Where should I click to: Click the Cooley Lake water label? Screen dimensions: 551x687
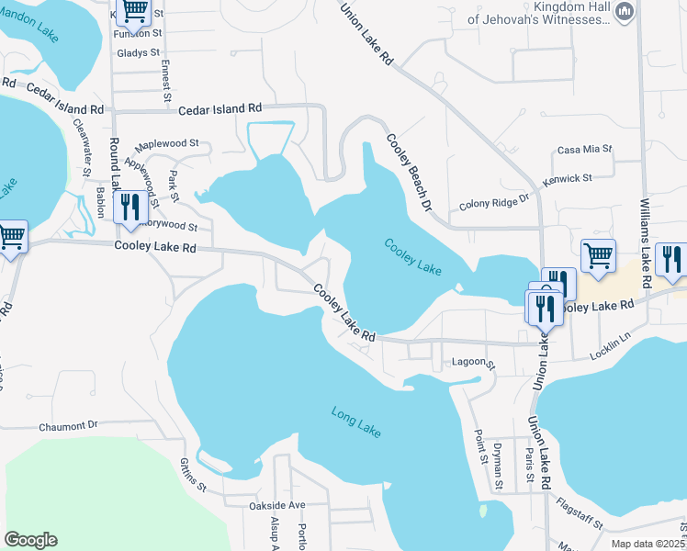pos(413,258)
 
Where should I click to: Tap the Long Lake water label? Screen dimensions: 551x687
pos(355,422)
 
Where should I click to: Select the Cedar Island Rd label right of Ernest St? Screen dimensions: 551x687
pos(220,108)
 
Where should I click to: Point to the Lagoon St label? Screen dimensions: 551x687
pos(473,365)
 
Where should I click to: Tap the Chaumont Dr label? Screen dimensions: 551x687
pos(68,426)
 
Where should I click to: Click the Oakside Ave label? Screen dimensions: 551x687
pos(276,505)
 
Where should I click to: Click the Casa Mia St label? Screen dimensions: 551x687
pos(585,150)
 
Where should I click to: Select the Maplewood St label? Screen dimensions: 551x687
pos(167,144)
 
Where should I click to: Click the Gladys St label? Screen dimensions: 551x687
pos(139,53)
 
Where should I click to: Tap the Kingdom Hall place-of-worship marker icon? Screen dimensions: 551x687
pos(625,11)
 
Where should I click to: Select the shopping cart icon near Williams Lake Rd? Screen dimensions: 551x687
pos(598,256)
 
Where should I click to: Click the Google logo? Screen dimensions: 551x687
pos(30,540)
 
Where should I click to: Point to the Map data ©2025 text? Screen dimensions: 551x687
pos(648,543)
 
